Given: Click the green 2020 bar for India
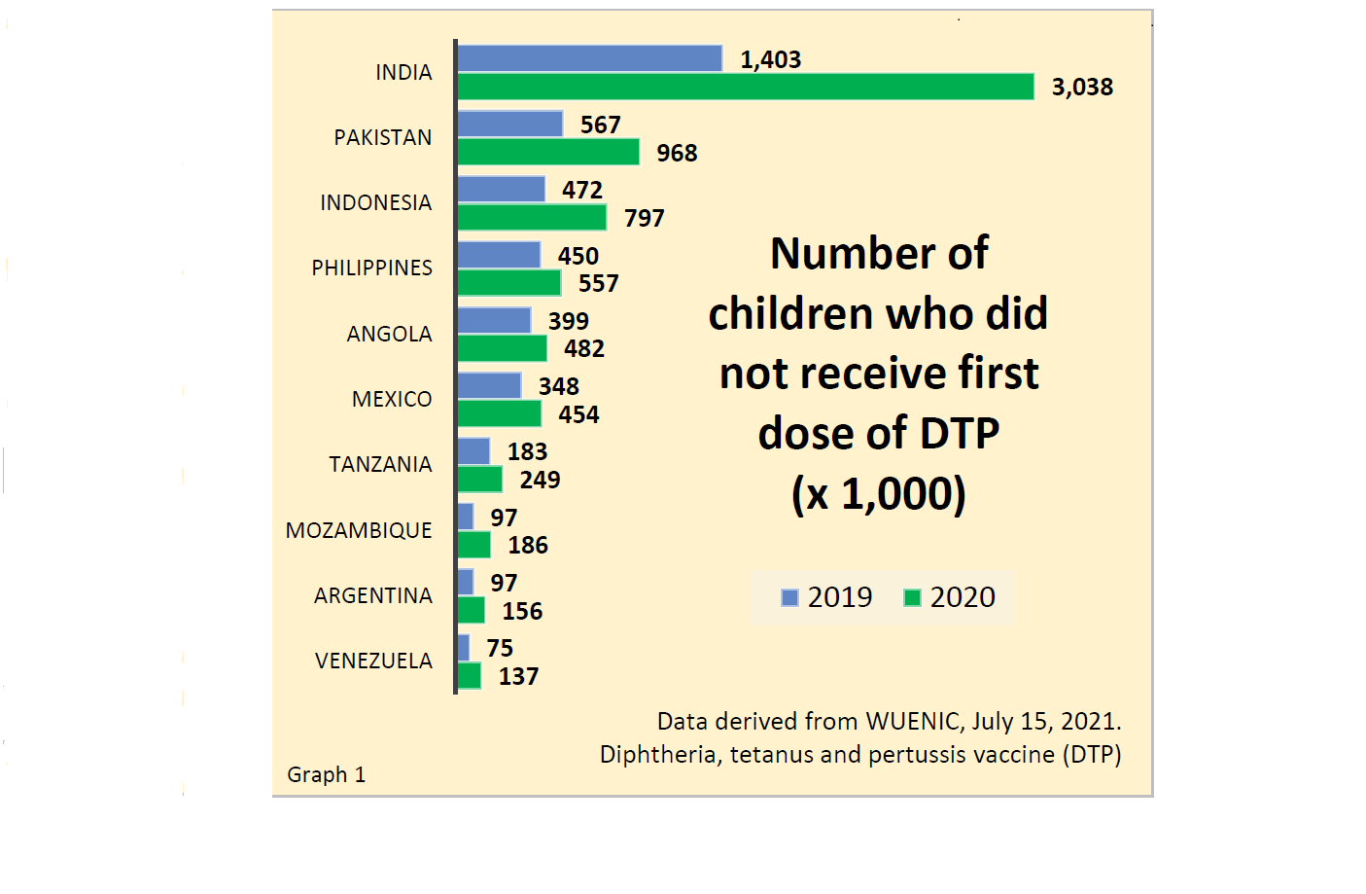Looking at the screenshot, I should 745,87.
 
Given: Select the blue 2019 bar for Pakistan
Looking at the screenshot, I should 509,124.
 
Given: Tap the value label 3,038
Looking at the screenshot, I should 1082,88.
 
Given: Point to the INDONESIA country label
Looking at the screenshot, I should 375,202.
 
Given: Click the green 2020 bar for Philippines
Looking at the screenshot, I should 508,283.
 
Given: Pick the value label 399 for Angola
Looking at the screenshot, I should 569,321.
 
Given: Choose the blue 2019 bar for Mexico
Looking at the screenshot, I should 489,385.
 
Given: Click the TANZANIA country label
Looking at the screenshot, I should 380,464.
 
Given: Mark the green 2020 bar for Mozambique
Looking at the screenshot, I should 473,545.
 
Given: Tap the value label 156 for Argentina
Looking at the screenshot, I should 522,611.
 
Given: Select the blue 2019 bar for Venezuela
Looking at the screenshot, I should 464,648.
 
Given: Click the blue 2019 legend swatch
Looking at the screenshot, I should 789,597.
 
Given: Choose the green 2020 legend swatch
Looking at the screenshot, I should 912,597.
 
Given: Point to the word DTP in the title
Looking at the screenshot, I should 959,433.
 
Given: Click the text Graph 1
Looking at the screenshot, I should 326,774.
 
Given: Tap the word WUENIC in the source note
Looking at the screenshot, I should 913,721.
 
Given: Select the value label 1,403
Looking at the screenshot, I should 770,59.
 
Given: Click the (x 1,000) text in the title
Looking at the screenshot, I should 878,493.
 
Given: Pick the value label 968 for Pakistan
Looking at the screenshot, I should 677,153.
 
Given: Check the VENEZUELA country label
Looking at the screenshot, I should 373,661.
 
